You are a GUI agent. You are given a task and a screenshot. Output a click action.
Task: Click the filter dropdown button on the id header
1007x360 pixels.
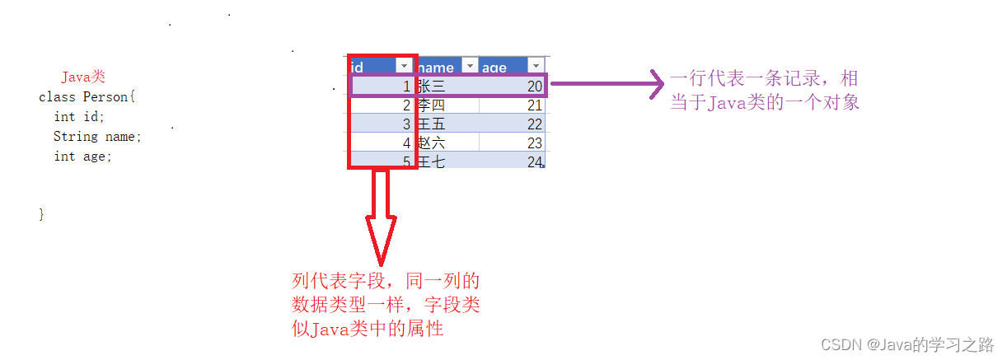tap(404, 66)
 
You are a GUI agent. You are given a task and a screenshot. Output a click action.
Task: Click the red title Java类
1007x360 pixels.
tap(83, 77)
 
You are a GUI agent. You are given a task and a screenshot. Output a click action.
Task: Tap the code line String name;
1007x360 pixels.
tap(97, 136)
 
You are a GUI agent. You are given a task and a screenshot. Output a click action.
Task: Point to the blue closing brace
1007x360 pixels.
tap(41, 214)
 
